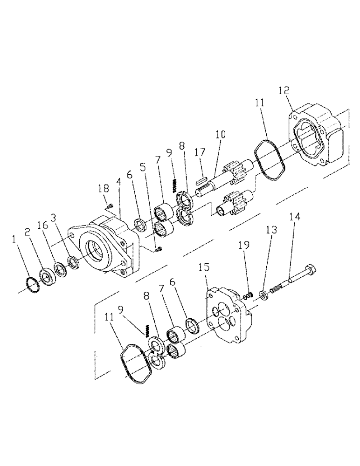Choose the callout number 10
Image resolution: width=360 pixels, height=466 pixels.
point(220,135)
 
